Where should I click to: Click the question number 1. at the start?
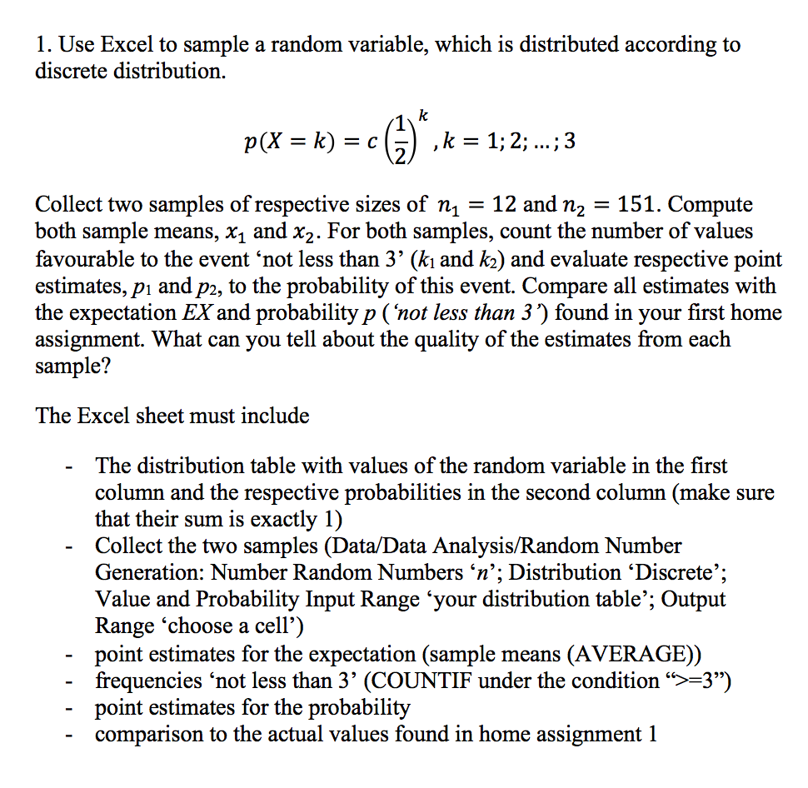44,44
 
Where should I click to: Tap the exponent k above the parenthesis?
424,113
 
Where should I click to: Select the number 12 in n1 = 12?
506,205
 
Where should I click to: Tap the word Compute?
711,205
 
